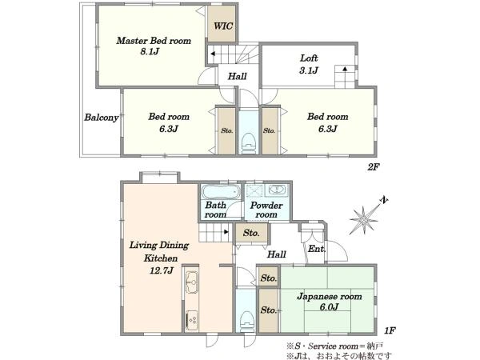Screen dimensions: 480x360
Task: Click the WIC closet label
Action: tap(223, 26)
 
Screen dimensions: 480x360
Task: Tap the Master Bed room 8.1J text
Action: tap(154, 46)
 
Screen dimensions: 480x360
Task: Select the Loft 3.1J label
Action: tap(309, 64)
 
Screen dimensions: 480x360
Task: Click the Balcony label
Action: tap(102, 118)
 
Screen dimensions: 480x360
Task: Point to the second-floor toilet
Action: tap(248, 143)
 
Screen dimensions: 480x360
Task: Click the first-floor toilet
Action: tap(246, 321)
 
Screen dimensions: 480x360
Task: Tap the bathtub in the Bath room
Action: tap(221, 192)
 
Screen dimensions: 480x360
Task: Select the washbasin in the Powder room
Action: tap(277, 190)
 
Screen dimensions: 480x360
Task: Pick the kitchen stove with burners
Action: tap(192, 320)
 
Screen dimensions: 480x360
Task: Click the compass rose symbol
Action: tap(364, 219)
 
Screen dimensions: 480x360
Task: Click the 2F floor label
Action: tap(374, 167)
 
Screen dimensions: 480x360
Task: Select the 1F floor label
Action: tap(390, 330)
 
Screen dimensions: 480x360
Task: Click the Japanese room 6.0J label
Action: tap(330, 302)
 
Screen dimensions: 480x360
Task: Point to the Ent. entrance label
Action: tap(317, 249)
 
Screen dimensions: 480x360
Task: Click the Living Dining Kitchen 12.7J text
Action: tap(159, 258)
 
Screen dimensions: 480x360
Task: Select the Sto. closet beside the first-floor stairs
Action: tap(251, 234)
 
